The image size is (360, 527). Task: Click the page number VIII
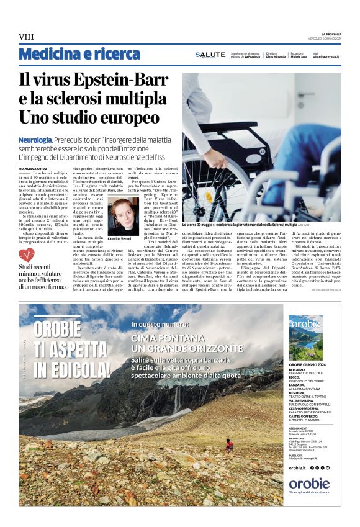(x=27, y=37)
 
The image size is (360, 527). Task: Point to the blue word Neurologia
(x=35, y=142)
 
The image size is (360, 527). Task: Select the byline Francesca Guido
(x=32, y=168)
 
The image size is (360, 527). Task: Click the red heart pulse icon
(x=27, y=254)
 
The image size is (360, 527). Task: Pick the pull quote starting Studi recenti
(x=43, y=276)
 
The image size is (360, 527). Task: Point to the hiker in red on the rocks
(x=230, y=444)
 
